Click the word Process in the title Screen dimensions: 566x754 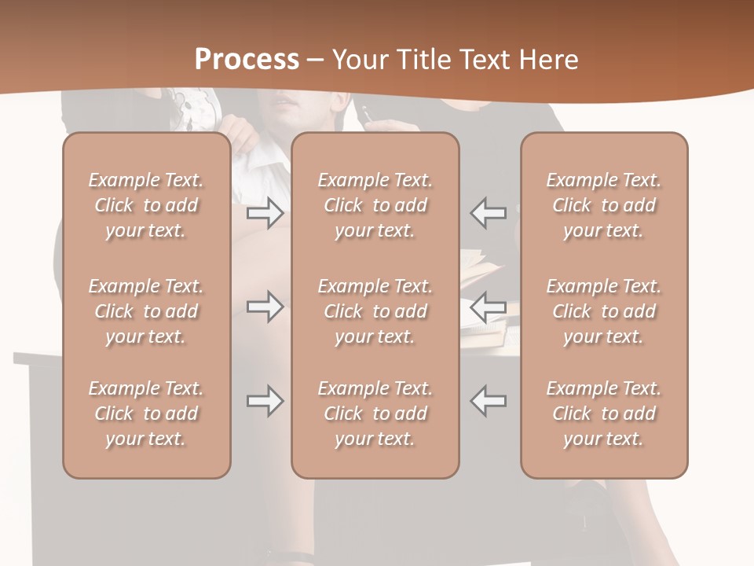[247, 60]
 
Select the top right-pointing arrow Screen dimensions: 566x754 [265, 213]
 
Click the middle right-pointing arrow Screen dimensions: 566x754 [265, 307]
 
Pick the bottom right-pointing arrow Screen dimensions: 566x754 [265, 401]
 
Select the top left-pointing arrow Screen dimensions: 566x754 [488, 213]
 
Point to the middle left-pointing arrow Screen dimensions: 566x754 [488, 307]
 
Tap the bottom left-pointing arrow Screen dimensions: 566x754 [488, 401]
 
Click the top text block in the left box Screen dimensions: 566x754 [146, 205]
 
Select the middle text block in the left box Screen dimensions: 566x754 [146, 311]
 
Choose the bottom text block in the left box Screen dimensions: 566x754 [146, 413]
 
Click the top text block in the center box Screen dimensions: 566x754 [375, 205]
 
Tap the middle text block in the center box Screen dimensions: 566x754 [375, 311]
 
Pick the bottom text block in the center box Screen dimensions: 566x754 [375, 413]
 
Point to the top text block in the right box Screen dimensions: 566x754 [604, 205]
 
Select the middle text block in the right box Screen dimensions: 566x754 [604, 311]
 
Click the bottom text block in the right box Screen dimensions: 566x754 [604, 413]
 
